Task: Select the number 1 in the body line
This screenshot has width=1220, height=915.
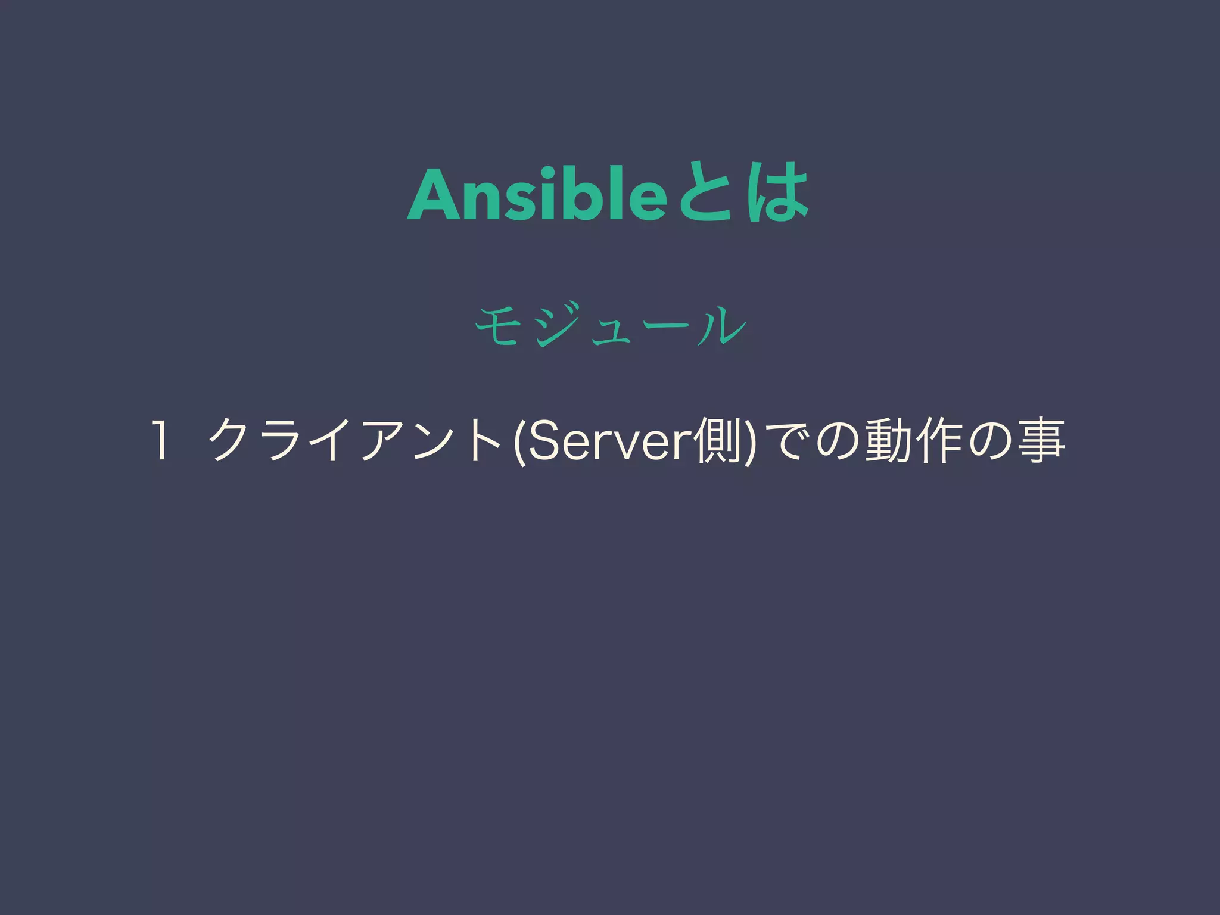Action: (x=160, y=441)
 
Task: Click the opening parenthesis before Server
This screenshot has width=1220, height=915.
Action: (x=518, y=442)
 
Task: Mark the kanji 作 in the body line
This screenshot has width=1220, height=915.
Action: (x=942, y=442)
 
